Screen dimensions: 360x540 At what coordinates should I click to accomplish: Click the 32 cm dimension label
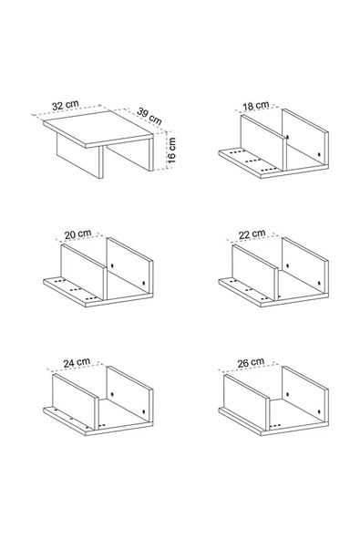(x=66, y=105)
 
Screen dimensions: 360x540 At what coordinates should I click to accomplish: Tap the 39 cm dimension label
(x=149, y=116)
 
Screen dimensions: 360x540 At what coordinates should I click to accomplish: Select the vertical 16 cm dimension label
(x=171, y=151)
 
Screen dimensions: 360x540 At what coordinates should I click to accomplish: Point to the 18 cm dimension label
(x=256, y=106)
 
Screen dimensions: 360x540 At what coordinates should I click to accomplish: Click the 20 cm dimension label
(x=78, y=234)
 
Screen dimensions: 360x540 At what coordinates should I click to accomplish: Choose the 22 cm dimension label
(x=252, y=234)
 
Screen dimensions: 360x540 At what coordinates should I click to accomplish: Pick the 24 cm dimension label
(x=77, y=363)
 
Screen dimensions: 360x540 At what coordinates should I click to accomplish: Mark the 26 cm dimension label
(x=251, y=363)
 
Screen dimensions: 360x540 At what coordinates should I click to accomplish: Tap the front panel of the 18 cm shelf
(x=263, y=143)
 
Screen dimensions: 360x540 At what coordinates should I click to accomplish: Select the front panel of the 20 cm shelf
(x=83, y=272)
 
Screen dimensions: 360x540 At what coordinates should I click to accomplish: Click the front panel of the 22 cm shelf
(x=254, y=272)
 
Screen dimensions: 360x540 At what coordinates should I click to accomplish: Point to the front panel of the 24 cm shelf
(x=75, y=401)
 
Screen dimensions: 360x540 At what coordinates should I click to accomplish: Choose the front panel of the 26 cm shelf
(x=246, y=401)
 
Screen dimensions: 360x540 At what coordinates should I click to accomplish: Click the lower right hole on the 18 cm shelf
(x=319, y=155)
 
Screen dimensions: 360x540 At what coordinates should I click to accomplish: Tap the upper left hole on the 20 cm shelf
(x=112, y=266)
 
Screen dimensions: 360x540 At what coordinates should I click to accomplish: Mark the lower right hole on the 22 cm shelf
(x=319, y=283)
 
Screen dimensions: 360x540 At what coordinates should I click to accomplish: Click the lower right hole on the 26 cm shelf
(x=319, y=411)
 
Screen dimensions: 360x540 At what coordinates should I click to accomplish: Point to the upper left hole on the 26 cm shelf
(x=288, y=395)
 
